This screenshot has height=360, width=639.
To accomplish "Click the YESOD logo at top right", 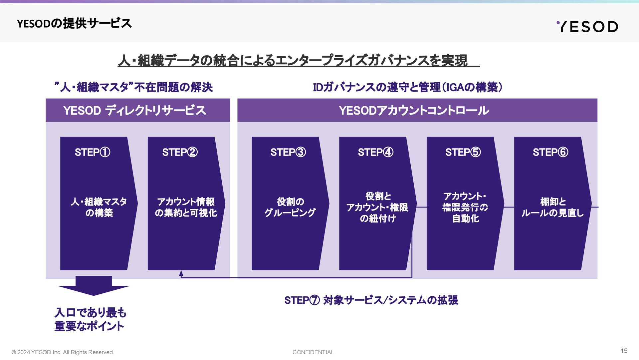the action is click(x=587, y=27).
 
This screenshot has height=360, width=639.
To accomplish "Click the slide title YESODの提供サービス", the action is click(x=74, y=24).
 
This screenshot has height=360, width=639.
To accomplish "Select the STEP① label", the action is click(x=93, y=152).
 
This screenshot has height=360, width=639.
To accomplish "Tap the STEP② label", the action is click(x=180, y=152).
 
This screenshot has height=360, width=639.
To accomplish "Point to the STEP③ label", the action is click(x=288, y=152).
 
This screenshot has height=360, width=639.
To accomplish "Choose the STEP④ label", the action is click(x=375, y=152).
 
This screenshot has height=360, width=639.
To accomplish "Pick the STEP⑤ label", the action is click(x=463, y=152).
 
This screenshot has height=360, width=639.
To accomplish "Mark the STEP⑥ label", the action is click(x=550, y=152).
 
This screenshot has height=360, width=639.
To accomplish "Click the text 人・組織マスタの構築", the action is click(x=99, y=207).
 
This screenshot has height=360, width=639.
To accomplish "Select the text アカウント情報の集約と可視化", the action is click(x=186, y=207).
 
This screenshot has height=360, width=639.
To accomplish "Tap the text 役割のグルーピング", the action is click(x=290, y=207).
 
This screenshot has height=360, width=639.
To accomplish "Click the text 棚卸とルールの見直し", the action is click(x=552, y=207).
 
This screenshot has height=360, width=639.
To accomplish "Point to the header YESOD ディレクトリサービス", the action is click(x=135, y=110).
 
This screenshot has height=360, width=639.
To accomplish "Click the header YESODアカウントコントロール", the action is click(x=414, y=110).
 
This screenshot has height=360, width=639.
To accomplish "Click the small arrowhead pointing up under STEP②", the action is click(x=181, y=273).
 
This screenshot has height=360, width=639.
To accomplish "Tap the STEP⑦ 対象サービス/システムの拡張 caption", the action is click(x=371, y=300).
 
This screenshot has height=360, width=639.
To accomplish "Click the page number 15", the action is click(x=624, y=351).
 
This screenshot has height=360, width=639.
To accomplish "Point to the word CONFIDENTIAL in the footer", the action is click(x=313, y=352).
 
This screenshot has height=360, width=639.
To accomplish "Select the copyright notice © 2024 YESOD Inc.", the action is click(x=63, y=352).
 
